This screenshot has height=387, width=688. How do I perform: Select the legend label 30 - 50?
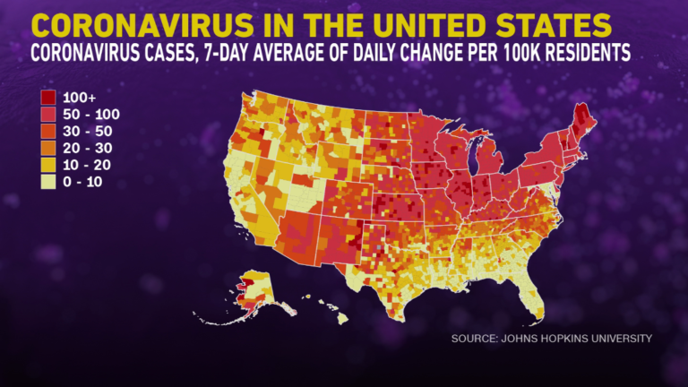(88, 131)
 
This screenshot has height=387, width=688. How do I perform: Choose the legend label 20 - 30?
(88, 148)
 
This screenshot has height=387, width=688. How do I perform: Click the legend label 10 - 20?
(88, 165)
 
